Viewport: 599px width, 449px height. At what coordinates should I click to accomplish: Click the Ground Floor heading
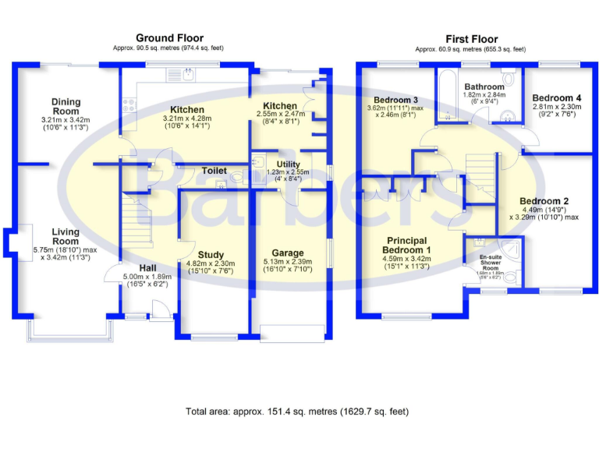(169, 37)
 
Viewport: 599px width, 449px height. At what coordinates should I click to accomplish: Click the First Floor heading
(471, 39)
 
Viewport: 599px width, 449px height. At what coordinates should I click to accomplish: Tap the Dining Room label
(66, 102)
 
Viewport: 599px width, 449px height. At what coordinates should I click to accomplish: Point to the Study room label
(211, 255)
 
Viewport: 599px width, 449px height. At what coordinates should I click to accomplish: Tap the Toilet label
(214, 170)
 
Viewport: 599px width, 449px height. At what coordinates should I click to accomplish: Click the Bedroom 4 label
(558, 97)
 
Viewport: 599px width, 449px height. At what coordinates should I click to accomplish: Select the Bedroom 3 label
(396, 101)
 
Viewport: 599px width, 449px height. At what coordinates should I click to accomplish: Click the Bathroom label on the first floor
(485, 87)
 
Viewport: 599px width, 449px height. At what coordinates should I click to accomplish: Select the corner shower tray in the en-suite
(510, 248)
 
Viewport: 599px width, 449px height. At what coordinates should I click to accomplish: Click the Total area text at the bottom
(296, 411)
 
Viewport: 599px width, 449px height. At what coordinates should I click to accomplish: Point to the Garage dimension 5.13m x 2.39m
(288, 262)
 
